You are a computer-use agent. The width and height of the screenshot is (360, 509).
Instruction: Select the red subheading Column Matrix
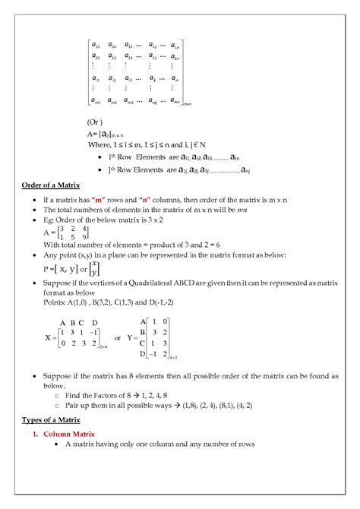click(69, 433)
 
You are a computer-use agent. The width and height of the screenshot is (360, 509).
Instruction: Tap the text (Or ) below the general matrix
click(97, 121)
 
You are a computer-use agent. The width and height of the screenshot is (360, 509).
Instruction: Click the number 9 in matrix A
click(85, 237)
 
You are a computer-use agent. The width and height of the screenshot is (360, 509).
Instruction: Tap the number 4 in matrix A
click(85, 227)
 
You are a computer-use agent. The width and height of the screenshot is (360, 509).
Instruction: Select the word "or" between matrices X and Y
click(118, 337)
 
